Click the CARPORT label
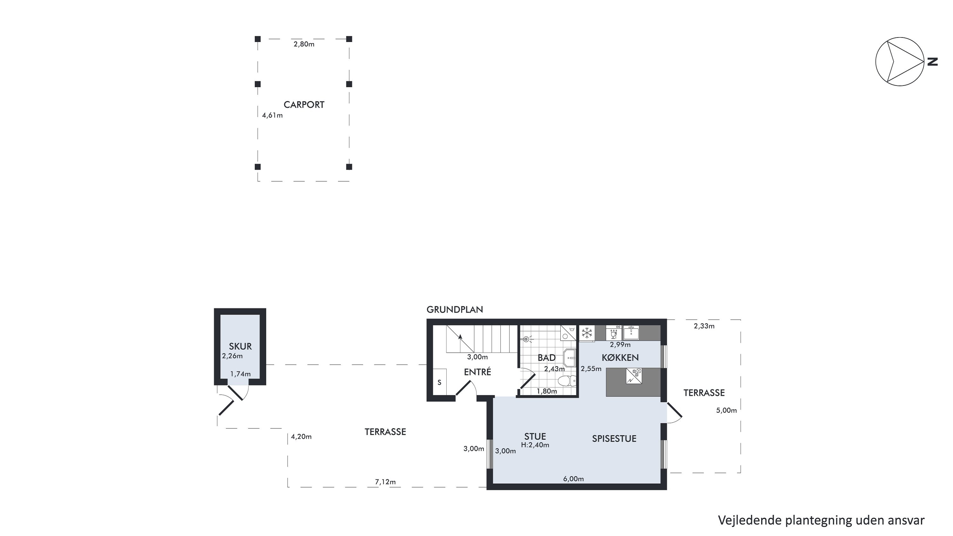click(304, 105)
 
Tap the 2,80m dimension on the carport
click(304, 44)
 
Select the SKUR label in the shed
click(240, 346)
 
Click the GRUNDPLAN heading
click(455, 309)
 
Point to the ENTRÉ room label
click(477, 372)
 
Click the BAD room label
click(546, 358)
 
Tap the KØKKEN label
click(620, 358)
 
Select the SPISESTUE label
click(614, 439)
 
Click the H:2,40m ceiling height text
click(535, 445)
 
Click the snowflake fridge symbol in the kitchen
click(587, 333)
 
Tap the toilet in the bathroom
click(566, 381)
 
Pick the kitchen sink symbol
click(631, 333)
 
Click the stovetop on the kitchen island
click(634, 376)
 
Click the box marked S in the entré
click(440, 382)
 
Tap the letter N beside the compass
click(933, 61)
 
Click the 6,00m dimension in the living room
click(573, 479)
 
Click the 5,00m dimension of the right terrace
click(726, 410)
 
